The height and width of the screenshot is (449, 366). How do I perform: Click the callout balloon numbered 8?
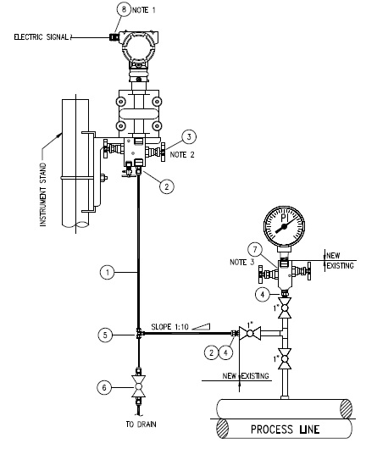(x=126, y=8)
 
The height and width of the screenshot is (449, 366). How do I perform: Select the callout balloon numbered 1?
(x=107, y=273)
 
